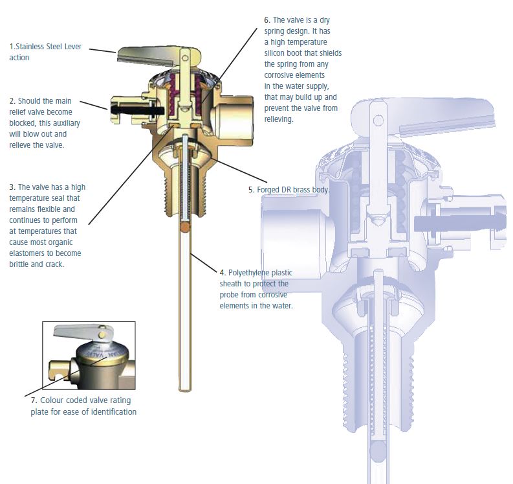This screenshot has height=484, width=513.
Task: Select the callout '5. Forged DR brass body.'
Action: pos(289,190)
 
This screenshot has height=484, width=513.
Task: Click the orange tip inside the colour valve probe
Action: pos(186,228)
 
